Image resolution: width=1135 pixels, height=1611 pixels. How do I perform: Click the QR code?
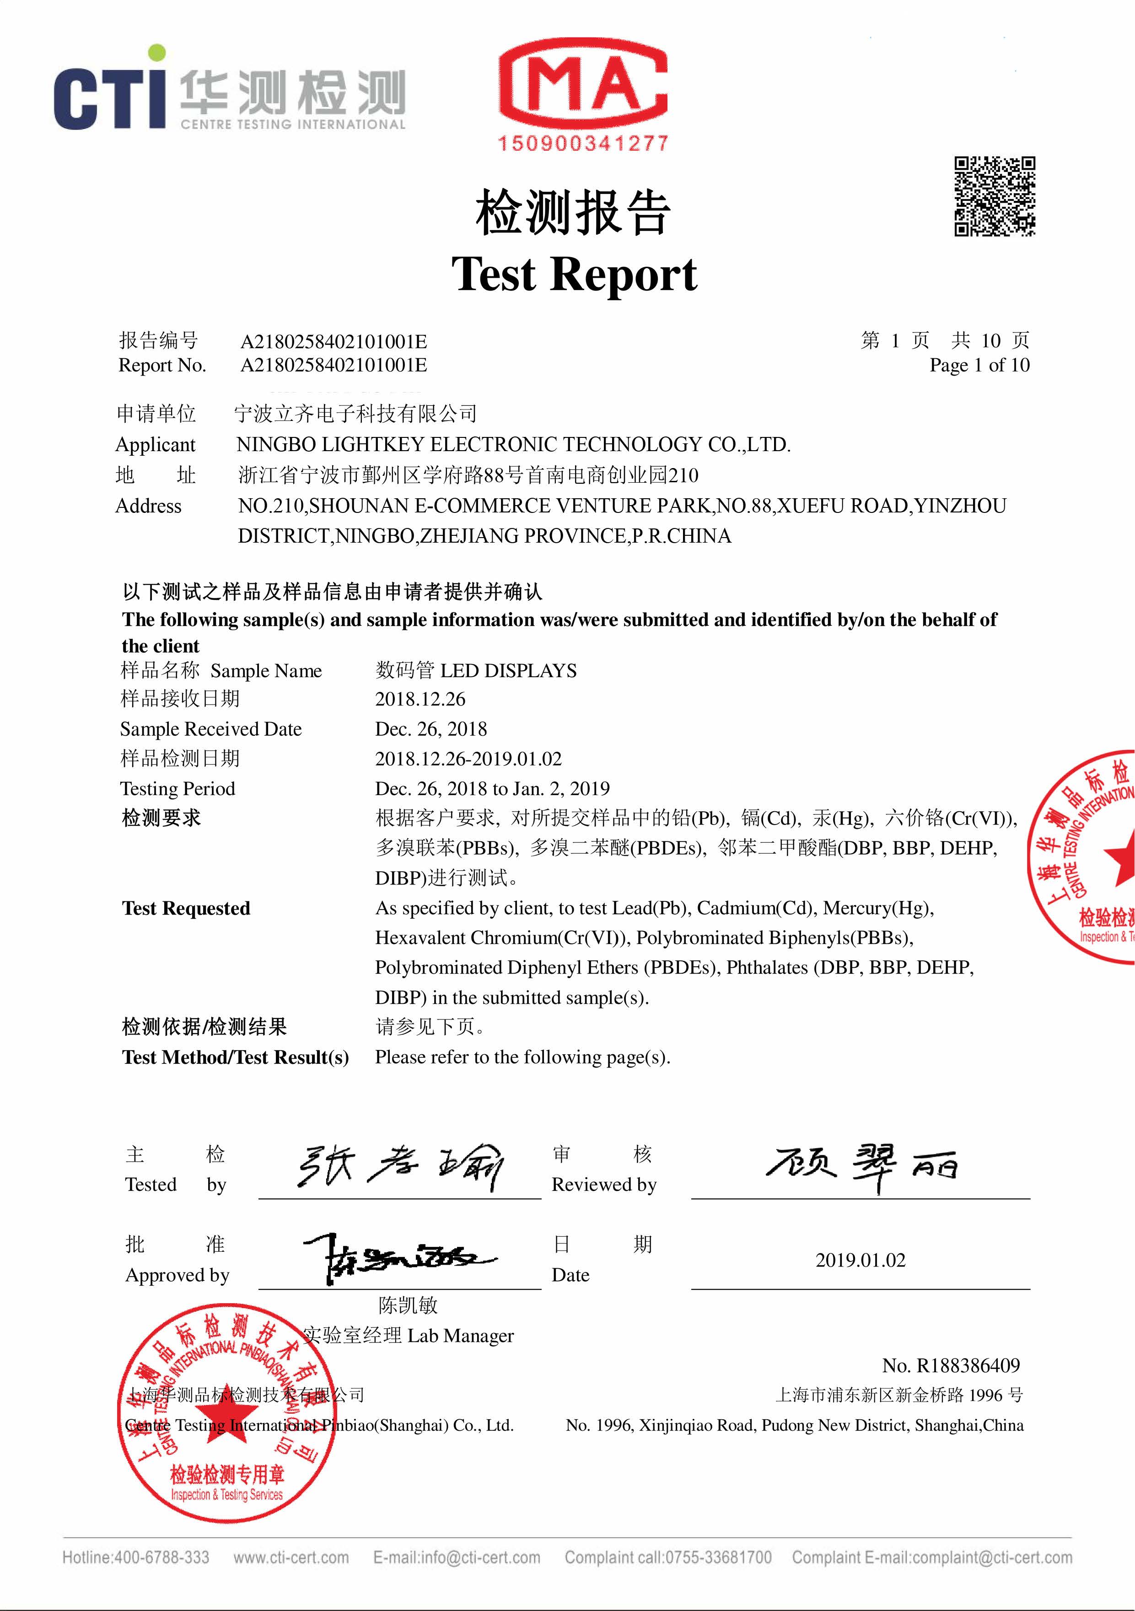(994, 196)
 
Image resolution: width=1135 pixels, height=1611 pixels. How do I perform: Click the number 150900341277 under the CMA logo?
(583, 144)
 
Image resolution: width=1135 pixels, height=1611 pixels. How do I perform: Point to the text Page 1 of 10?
(979, 365)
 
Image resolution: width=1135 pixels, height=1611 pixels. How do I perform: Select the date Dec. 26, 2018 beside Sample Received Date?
(430, 729)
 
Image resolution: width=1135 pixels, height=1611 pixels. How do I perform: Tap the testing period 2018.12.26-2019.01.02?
(468, 759)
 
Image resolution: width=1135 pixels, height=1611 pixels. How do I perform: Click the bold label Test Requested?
(186, 908)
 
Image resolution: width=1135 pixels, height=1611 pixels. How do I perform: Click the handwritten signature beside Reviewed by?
(861, 1165)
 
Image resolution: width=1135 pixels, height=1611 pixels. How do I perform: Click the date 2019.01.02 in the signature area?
(860, 1260)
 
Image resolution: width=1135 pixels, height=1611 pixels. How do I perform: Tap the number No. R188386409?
(951, 1365)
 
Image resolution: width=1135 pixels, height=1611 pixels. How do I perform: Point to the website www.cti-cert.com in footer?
(291, 1557)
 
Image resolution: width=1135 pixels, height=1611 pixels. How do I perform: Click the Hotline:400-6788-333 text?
(135, 1557)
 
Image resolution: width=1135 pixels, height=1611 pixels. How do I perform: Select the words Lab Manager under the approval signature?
(460, 1335)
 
